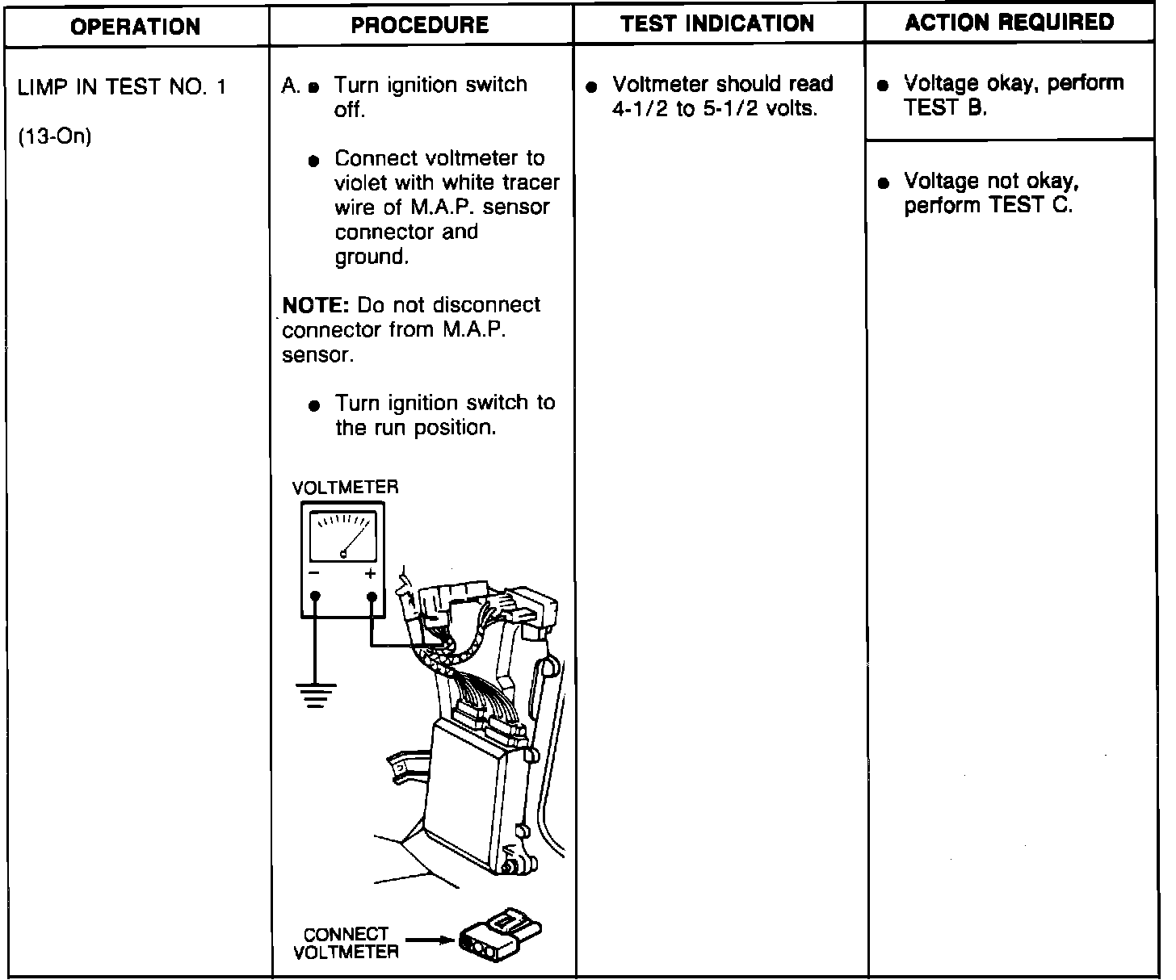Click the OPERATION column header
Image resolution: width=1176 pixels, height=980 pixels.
tap(136, 26)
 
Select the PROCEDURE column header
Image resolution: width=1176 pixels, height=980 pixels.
tap(420, 25)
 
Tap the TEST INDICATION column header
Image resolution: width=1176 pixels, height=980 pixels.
tap(717, 23)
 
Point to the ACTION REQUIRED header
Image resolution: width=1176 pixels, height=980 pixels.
tap(1009, 22)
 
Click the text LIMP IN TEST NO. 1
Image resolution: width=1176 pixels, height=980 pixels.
tap(122, 87)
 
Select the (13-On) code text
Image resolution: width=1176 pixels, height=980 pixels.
tap(54, 136)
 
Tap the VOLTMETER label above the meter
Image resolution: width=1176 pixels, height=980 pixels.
tap(345, 488)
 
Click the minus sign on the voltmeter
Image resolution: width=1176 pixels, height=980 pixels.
tap(313, 574)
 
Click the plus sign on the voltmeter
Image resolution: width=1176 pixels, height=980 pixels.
tap(371, 574)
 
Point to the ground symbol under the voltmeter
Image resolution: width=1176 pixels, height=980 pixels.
tap(315, 694)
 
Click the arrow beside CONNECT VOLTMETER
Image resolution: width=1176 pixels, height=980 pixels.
tap(428, 940)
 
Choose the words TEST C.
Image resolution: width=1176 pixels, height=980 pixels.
tap(1031, 206)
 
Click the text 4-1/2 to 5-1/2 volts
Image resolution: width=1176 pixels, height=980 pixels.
tap(715, 109)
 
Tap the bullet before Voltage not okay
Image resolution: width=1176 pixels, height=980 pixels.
tap(884, 182)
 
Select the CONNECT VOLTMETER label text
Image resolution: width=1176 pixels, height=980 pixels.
tap(346, 943)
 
